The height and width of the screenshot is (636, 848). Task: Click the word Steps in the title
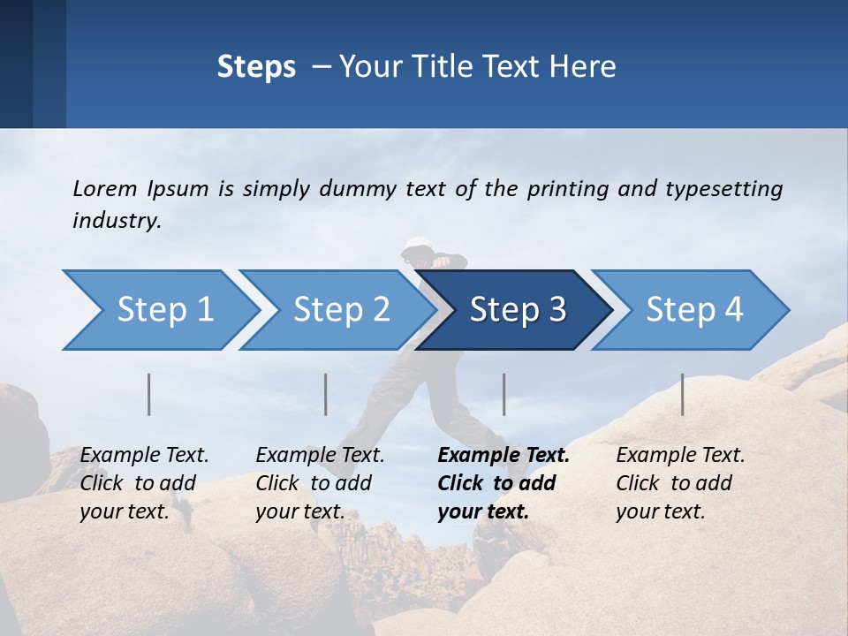tap(256, 67)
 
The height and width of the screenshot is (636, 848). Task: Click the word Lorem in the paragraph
tap(104, 188)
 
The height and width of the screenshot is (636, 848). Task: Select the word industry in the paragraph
tap(117, 221)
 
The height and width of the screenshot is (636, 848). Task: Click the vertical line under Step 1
tap(148, 394)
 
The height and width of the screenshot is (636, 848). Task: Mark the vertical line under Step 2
tap(326, 394)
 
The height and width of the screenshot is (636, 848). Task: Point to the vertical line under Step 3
tap(504, 394)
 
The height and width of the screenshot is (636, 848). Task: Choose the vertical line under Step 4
tap(682, 394)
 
